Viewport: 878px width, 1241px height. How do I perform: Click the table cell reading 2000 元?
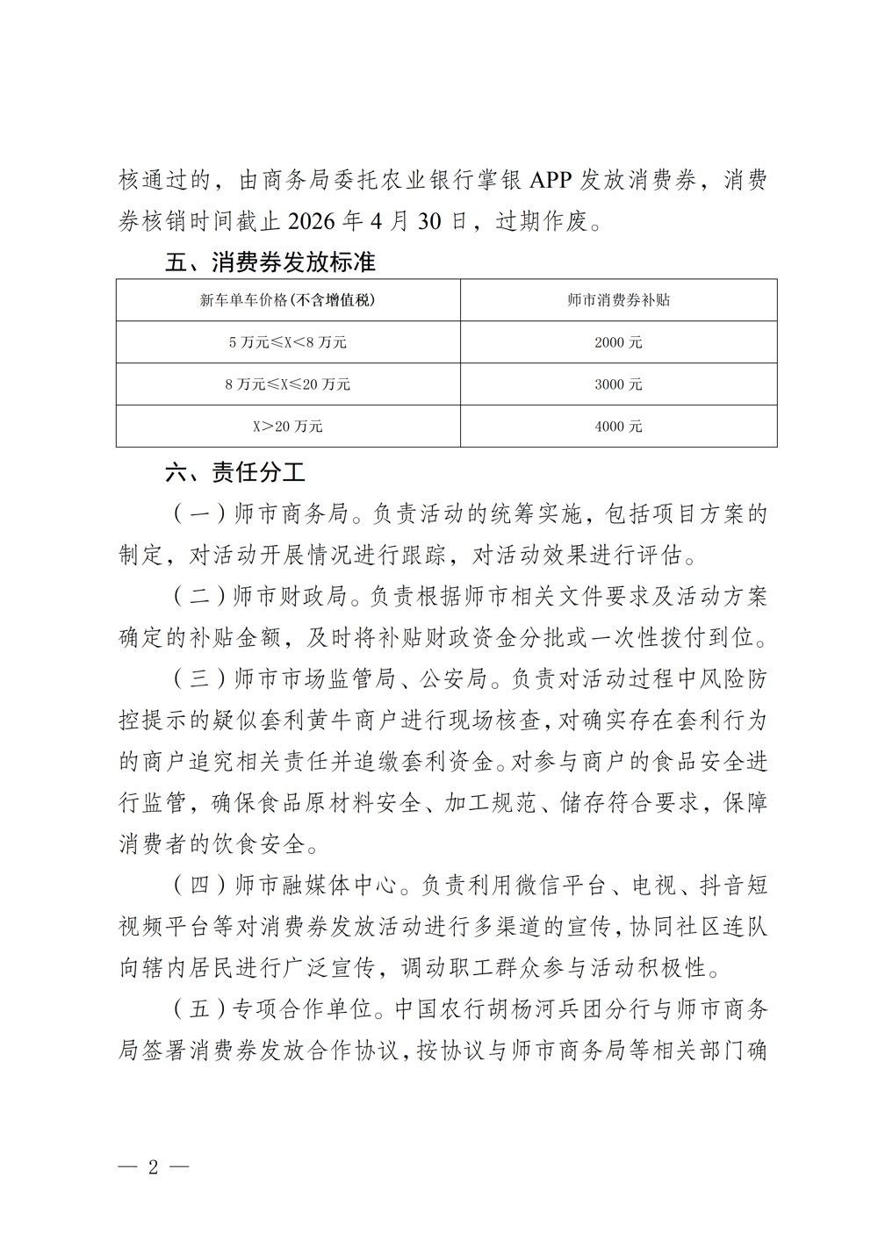point(618,342)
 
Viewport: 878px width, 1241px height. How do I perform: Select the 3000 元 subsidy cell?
point(618,384)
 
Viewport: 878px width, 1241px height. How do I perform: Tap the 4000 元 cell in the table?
point(618,427)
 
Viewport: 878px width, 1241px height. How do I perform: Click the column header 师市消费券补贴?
point(618,300)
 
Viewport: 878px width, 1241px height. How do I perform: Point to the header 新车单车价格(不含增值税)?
point(287,300)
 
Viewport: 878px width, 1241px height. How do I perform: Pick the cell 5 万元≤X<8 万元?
point(287,342)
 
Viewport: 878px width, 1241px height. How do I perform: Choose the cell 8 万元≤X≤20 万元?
point(287,384)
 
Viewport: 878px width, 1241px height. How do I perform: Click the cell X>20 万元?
point(287,427)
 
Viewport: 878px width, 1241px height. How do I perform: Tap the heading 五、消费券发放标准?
point(270,262)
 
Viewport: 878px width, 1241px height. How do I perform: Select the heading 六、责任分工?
point(235,472)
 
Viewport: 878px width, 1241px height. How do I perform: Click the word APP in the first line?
point(551,180)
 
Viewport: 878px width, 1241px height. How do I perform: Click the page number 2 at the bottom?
point(154,1166)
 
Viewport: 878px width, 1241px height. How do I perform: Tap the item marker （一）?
point(199,513)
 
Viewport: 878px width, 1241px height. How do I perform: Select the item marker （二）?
point(199,597)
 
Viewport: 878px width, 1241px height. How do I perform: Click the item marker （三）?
point(199,679)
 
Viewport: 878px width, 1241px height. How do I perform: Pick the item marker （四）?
point(199,886)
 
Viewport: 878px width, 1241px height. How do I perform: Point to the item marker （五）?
point(199,1009)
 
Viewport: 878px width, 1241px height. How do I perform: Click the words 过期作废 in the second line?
point(542,221)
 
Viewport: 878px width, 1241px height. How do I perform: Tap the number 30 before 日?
point(429,221)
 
